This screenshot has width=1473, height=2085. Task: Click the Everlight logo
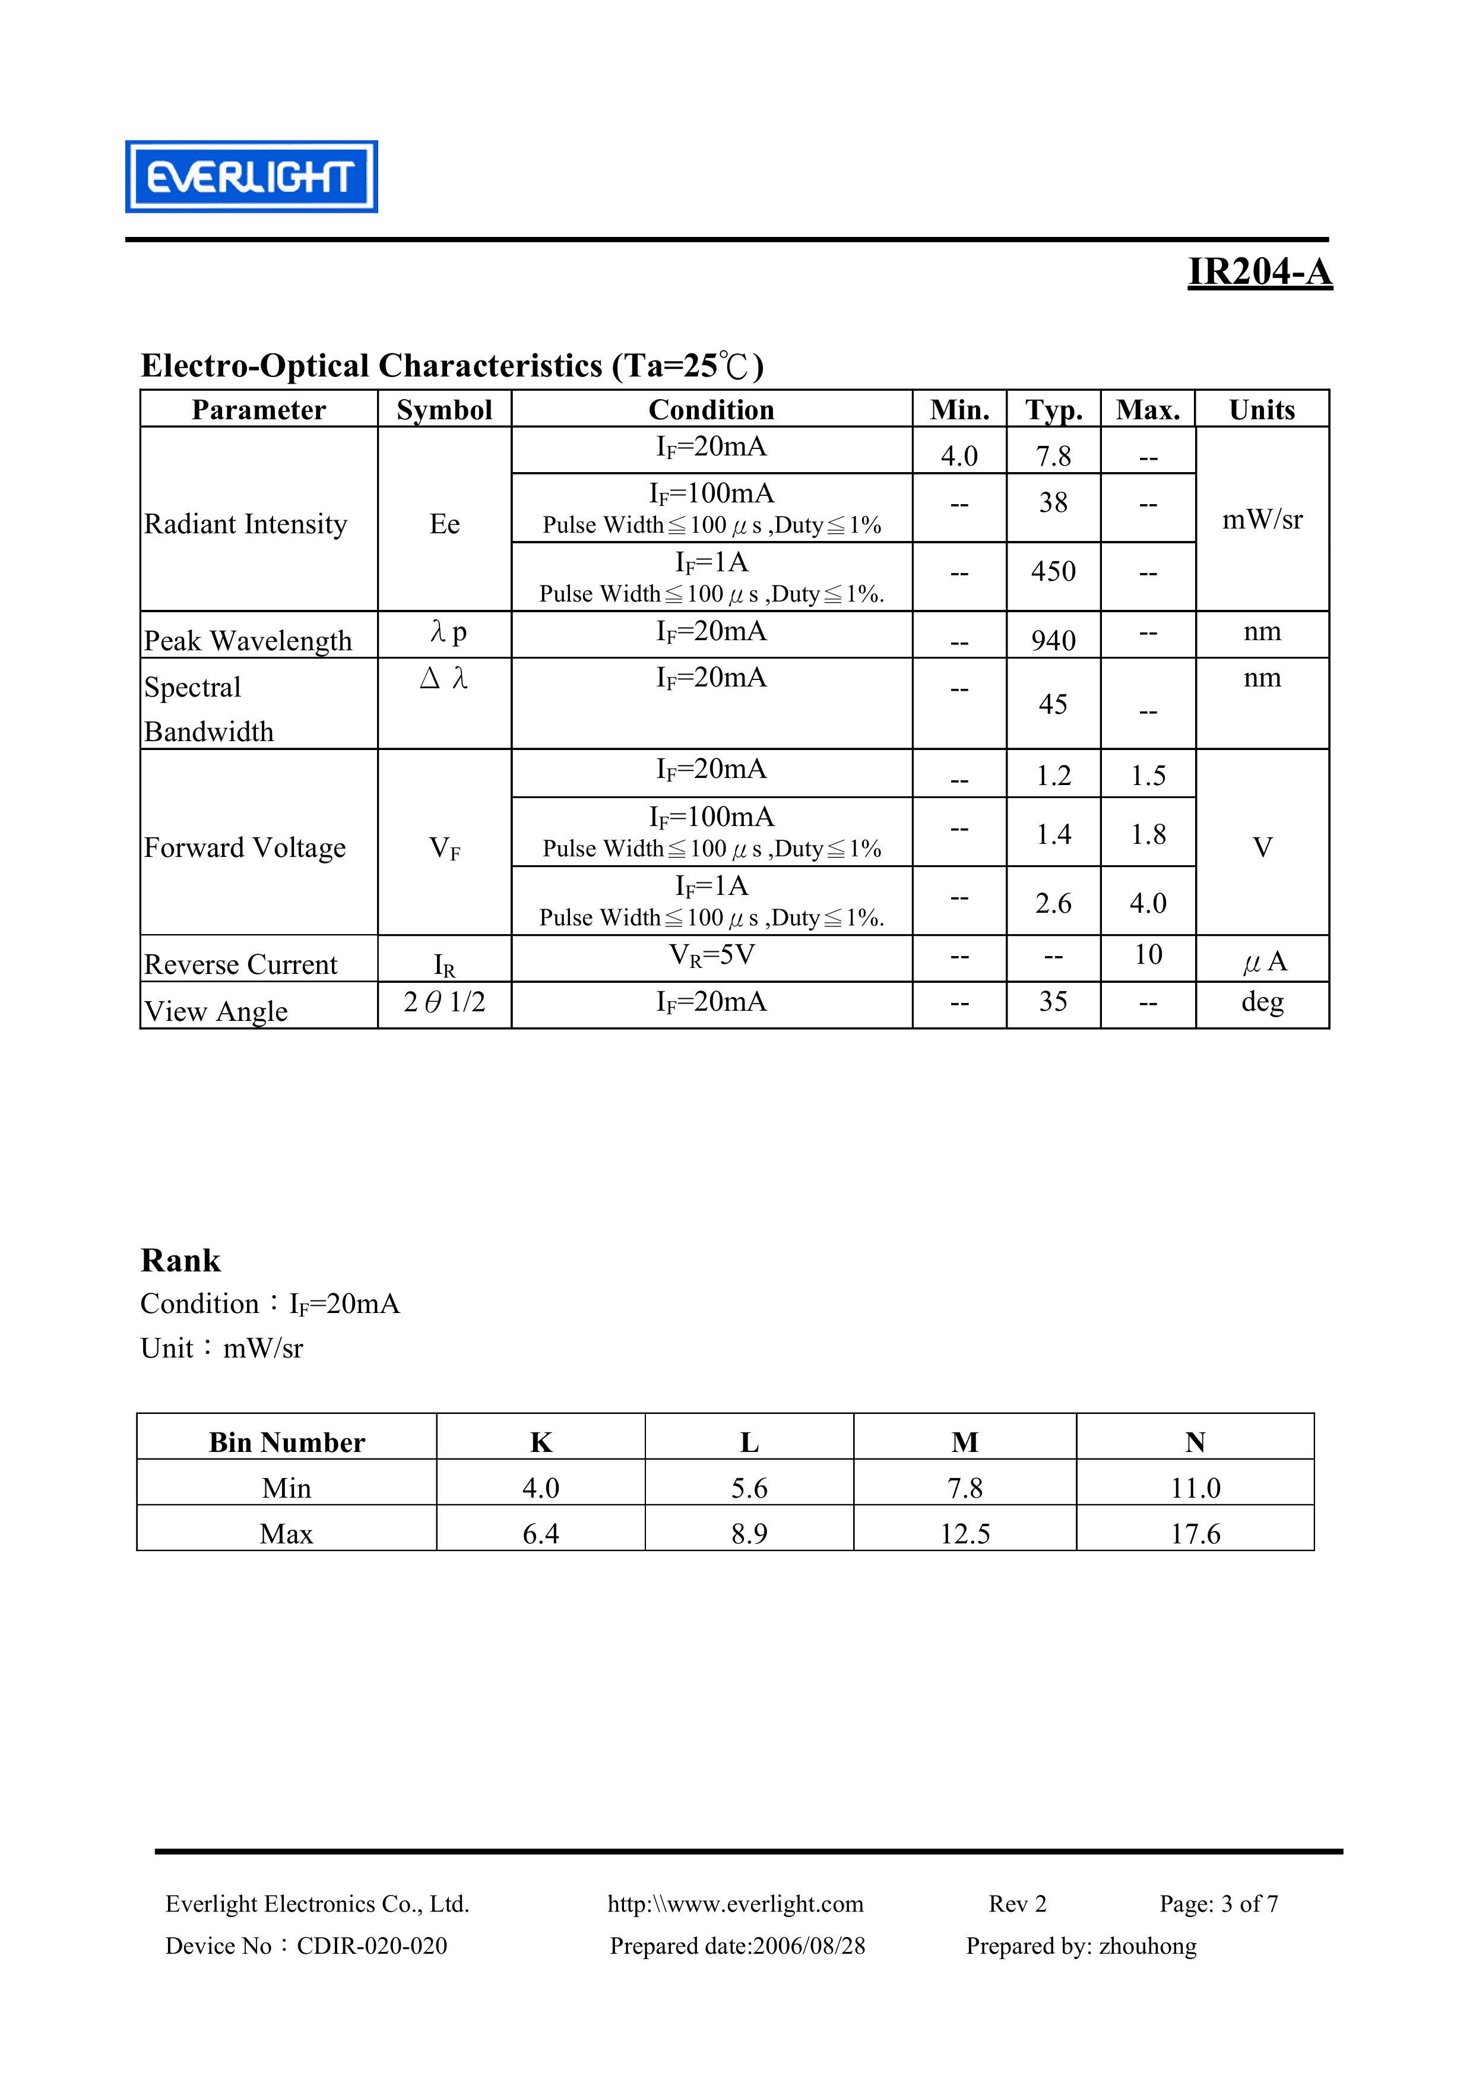pos(252,177)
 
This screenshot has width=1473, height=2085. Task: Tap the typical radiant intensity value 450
pos(1053,571)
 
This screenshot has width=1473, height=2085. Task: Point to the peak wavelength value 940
pos(1053,640)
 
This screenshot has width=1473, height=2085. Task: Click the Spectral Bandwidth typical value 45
pos(1053,704)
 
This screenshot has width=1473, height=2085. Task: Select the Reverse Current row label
pos(240,964)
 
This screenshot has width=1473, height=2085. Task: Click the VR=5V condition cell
pos(711,956)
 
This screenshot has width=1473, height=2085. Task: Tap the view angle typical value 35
pos(1053,1002)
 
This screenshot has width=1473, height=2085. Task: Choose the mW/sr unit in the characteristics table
pos(1262,520)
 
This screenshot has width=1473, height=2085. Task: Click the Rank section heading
pos(180,1261)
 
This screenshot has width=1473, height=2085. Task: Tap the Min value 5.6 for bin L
pos(749,1488)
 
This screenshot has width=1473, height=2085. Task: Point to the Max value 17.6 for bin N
pos(1195,1534)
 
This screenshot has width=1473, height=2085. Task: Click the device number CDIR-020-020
pos(372,1945)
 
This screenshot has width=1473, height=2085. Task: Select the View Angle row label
pos(216,1011)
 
